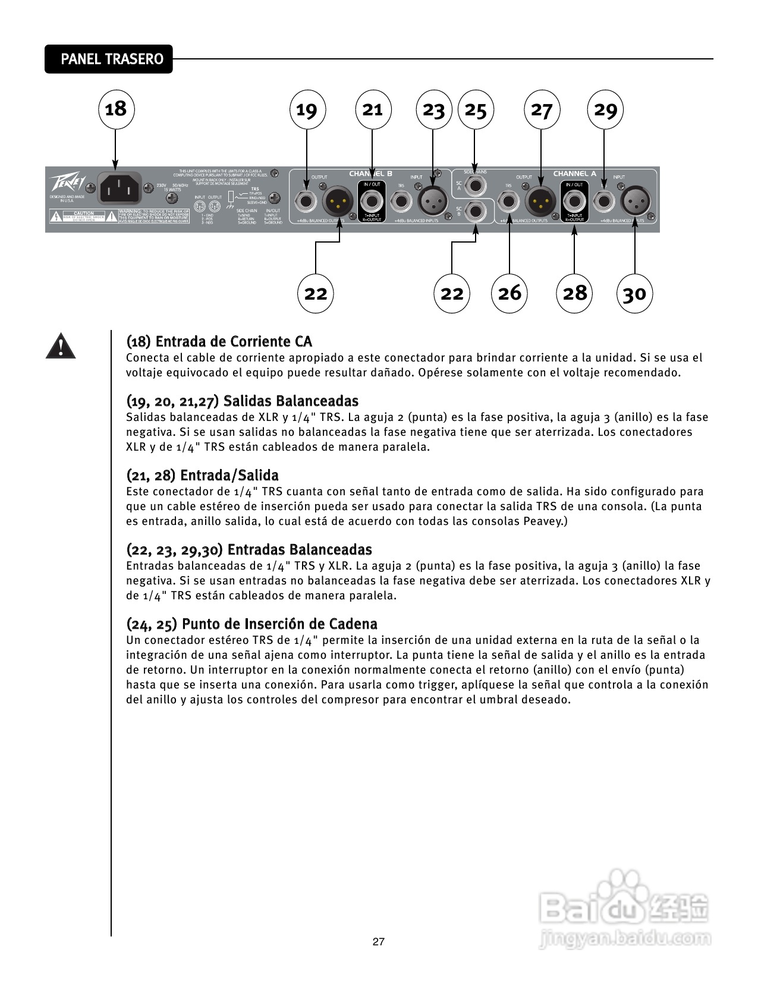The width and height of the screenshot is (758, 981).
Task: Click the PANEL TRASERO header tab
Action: [109, 59]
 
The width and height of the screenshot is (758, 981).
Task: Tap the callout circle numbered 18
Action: [116, 109]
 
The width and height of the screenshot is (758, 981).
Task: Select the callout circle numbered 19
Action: [307, 109]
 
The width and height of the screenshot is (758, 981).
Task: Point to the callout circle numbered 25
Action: [475, 109]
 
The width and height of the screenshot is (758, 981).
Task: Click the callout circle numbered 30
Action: [634, 293]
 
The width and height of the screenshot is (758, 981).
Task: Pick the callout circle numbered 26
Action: [509, 293]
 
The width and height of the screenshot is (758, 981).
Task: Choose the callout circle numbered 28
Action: [574, 293]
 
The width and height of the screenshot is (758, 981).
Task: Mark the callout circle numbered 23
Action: [433, 109]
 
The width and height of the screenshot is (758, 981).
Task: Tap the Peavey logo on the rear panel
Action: [64, 183]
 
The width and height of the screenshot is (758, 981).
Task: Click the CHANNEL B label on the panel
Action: [370, 174]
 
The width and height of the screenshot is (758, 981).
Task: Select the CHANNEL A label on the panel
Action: [574, 174]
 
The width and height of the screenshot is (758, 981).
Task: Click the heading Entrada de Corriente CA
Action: [219, 341]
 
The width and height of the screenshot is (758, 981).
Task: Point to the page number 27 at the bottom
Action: [378, 942]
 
